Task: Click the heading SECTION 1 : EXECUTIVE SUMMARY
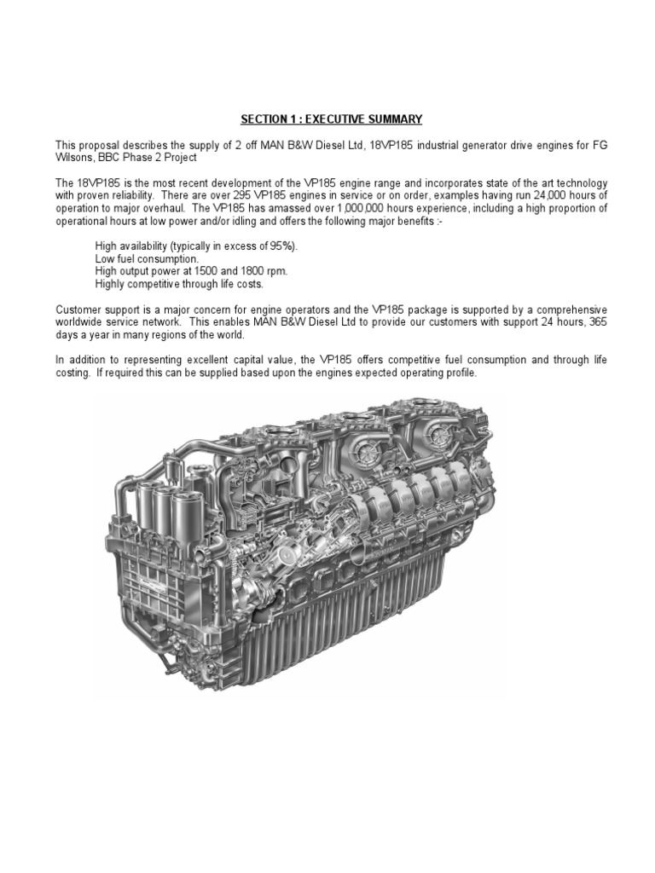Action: [x=332, y=119]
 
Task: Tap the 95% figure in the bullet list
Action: [x=283, y=246]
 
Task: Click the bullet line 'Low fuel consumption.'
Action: [x=147, y=259]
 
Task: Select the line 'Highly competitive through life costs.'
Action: [x=179, y=284]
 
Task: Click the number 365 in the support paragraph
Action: [x=598, y=322]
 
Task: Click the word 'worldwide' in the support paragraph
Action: [x=78, y=322]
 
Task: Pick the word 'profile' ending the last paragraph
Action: [x=461, y=373]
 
